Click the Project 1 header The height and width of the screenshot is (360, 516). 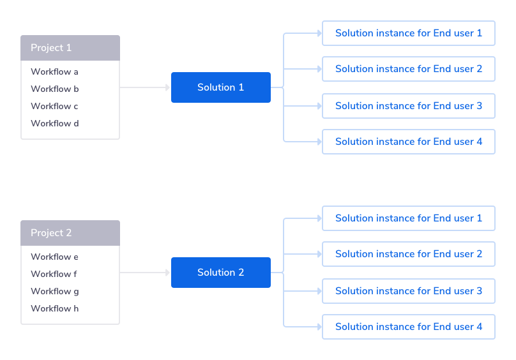(x=70, y=48)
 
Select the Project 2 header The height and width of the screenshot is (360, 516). (x=70, y=233)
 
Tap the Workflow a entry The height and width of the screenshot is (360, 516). (x=55, y=72)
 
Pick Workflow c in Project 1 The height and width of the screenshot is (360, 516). (x=55, y=106)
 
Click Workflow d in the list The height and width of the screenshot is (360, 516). (x=55, y=123)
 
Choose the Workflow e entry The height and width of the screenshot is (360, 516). (x=55, y=257)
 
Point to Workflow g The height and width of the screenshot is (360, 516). (x=55, y=291)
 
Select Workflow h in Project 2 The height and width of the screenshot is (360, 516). (x=55, y=308)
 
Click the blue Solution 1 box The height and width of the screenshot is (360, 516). (x=220, y=87)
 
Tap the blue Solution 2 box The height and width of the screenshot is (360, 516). (x=220, y=273)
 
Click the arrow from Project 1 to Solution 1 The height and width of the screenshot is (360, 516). (x=145, y=87)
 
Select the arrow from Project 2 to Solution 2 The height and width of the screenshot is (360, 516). (x=145, y=273)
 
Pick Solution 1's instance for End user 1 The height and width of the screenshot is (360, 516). (x=409, y=33)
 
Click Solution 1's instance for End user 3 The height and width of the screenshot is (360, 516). (x=409, y=106)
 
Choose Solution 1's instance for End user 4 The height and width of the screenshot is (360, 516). (x=409, y=142)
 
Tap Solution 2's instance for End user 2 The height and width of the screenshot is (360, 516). (x=409, y=254)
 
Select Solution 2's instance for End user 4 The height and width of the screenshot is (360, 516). (x=409, y=327)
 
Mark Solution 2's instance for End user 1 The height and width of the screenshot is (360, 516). (x=409, y=218)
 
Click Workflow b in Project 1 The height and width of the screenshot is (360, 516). (x=55, y=89)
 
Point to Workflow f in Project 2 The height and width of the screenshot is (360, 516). (x=55, y=274)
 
